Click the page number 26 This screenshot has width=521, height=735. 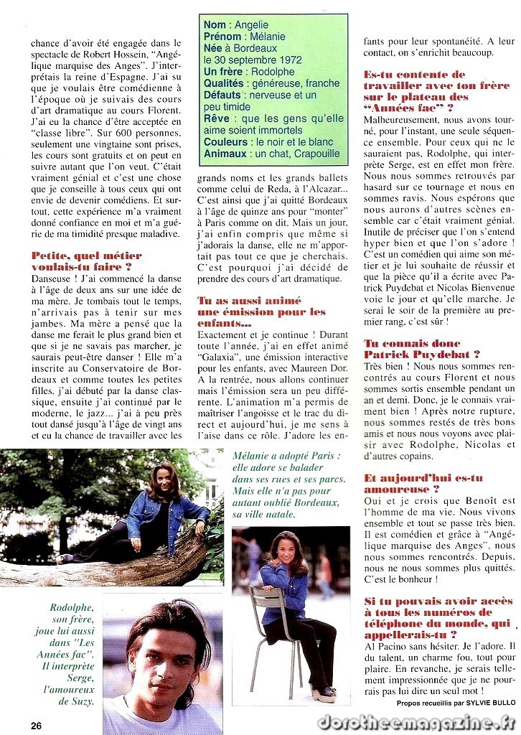pyautogui.click(x=36, y=725)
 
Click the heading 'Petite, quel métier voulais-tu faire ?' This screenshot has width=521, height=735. pyautogui.click(x=87, y=261)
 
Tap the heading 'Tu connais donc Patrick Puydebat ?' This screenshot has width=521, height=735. pyautogui.click(x=421, y=349)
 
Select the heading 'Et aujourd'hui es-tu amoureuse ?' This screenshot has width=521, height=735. pyautogui.click(x=423, y=482)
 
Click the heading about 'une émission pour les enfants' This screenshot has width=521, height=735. pyautogui.click(x=261, y=312)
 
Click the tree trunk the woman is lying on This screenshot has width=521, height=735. pyautogui.click(x=108, y=561)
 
